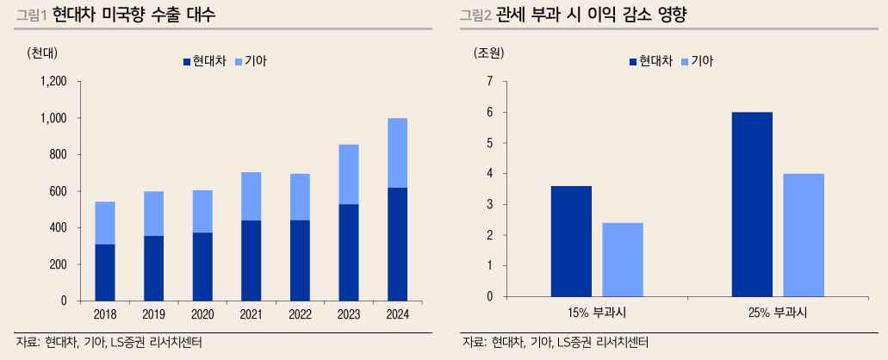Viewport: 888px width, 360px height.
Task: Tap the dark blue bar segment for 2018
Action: tap(105, 272)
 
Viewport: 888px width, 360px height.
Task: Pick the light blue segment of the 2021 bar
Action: tap(251, 196)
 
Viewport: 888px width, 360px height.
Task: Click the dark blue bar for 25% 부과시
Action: tap(752, 204)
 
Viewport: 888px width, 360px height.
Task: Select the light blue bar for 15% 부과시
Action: tap(623, 259)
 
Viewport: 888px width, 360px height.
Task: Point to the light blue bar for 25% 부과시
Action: tap(804, 235)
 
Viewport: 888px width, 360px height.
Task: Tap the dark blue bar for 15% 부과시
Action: tap(571, 241)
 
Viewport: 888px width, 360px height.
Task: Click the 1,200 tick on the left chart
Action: tap(53, 82)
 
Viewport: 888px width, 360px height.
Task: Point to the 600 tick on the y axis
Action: tap(58, 191)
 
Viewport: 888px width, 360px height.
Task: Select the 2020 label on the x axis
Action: tap(202, 313)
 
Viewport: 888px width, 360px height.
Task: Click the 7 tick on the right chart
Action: tap(489, 82)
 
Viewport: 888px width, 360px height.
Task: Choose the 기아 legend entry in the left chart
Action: tap(256, 61)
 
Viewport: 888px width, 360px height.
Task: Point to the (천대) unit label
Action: tap(42, 52)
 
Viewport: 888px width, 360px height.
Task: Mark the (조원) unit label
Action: tap(488, 52)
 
